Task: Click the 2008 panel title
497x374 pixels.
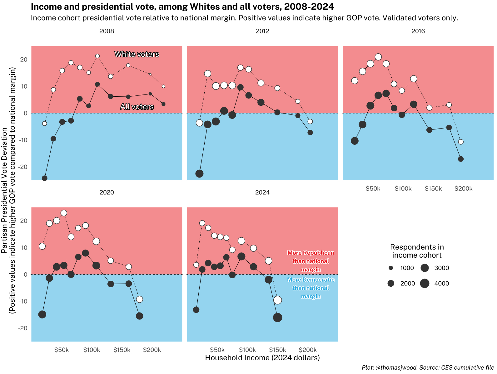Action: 107,31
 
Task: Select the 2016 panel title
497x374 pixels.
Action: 418,31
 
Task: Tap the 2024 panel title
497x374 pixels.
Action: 262,192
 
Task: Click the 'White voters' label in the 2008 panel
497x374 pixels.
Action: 137,54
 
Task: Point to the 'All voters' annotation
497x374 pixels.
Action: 137,107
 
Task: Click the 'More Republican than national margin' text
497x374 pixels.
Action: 311,261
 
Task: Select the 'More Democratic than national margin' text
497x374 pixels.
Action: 311,288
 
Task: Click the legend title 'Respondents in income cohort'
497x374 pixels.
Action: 417,251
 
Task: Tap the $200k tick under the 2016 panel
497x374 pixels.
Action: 463,189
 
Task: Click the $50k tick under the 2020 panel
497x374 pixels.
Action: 61,350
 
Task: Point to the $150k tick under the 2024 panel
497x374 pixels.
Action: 277,350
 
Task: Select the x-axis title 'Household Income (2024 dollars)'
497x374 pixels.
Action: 262,358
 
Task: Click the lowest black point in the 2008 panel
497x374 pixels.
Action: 45,178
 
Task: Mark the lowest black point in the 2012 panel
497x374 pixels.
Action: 199,173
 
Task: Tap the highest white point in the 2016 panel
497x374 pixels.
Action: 378,57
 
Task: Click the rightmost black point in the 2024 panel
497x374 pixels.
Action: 277,318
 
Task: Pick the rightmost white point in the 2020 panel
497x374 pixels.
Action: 140,299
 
